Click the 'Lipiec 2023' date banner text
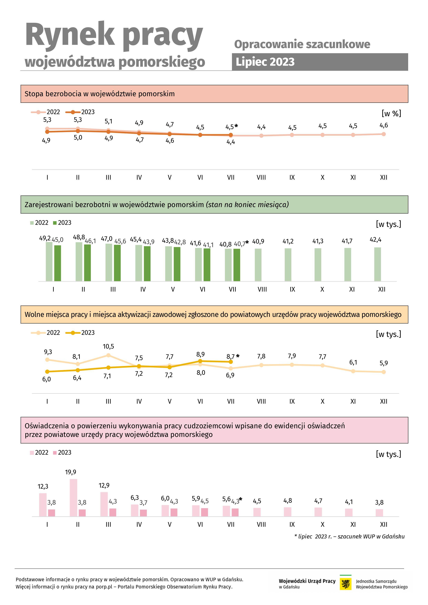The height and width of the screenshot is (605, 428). (x=265, y=62)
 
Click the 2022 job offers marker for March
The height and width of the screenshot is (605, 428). (x=108, y=355)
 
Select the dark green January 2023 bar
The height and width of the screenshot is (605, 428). (x=57, y=263)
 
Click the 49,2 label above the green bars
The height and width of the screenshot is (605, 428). (x=45, y=238)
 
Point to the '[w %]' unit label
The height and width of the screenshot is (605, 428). (x=391, y=114)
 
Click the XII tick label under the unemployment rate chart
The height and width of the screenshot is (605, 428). (x=384, y=177)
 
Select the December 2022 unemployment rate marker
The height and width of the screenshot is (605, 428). (x=384, y=134)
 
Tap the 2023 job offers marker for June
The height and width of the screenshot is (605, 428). (x=200, y=361)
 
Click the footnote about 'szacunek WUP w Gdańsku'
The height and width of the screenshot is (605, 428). (x=349, y=537)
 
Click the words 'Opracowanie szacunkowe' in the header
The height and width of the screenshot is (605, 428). (x=302, y=44)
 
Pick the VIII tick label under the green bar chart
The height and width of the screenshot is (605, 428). (x=262, y=289)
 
